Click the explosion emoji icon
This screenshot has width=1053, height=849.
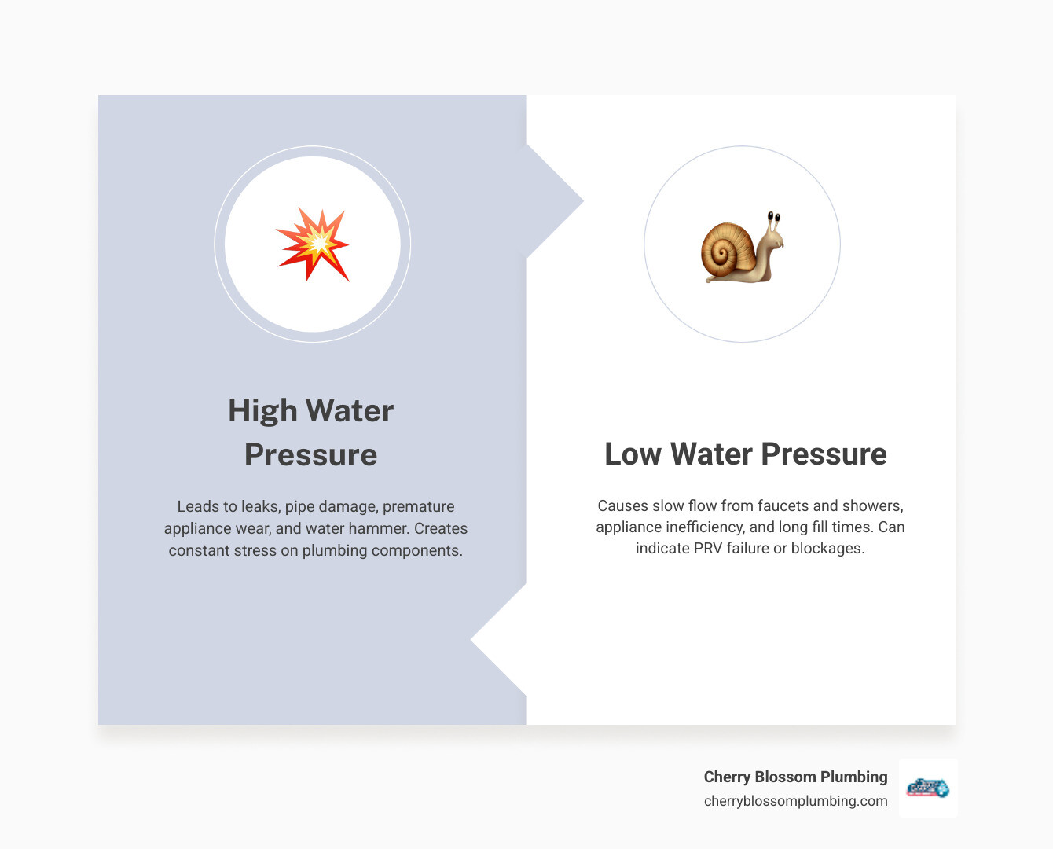click(x=313, y=244)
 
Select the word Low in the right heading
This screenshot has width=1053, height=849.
click(x=633, y=454)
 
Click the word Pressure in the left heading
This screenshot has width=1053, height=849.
click(x=311, y=455)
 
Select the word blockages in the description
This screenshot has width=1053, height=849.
click(x=827, y=549)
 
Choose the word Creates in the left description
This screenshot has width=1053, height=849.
click(x=441, y=529)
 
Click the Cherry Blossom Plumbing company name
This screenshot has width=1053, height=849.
click(x=795, y=777)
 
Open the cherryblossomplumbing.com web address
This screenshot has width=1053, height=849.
click(x=795, y=801)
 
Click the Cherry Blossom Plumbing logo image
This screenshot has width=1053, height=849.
click(x=928, y=788)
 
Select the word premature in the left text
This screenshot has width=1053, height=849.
click(x=418, y=507)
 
